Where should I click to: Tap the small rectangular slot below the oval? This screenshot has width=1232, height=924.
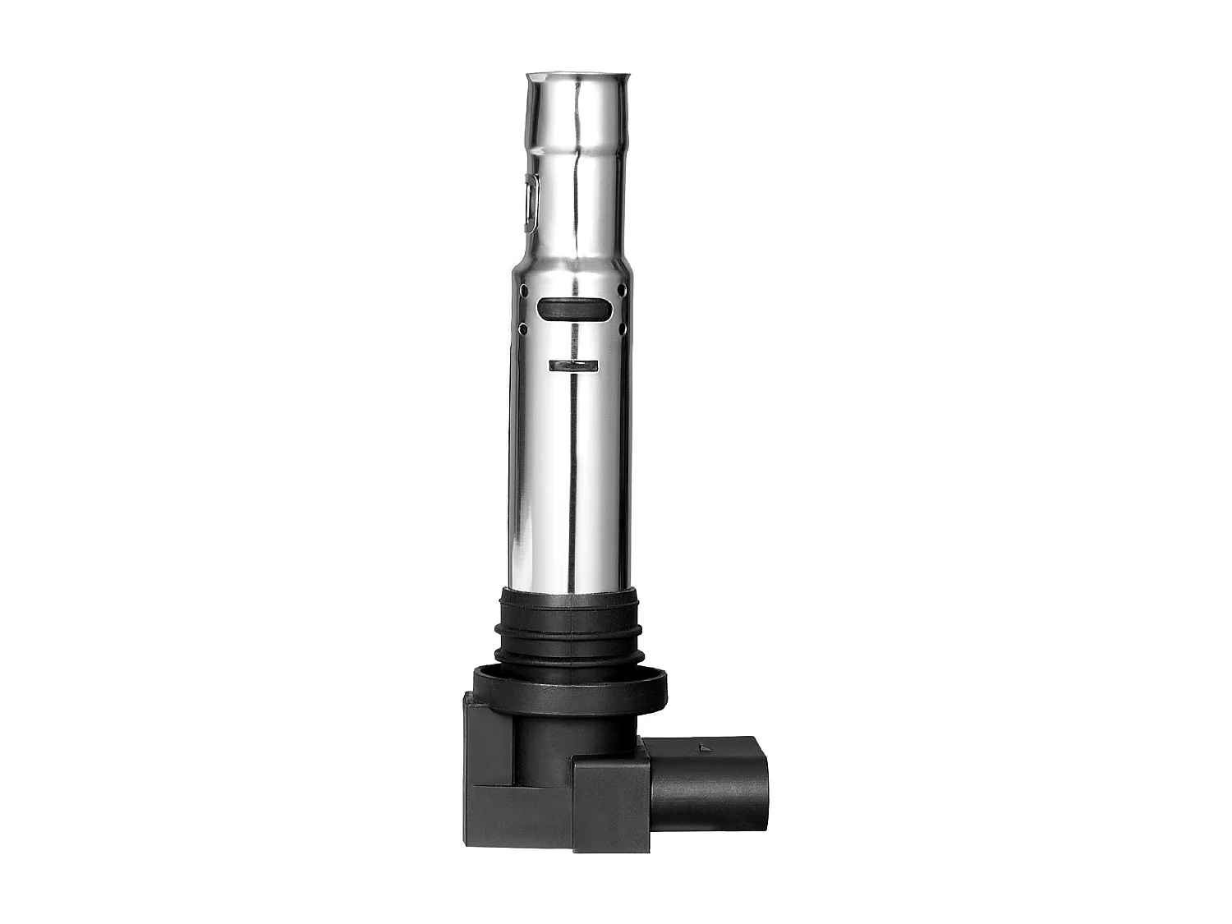click(x=573, y=365)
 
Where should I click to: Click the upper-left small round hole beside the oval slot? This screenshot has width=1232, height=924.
click(x=523, y=288)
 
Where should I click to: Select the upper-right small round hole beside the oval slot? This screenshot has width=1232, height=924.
click(x=622, y=290)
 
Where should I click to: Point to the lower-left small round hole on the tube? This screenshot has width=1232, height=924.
click(x=523, y=329)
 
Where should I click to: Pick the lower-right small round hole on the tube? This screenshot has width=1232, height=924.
click(x=622, y=329)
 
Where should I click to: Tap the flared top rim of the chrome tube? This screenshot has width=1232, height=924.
click(x=579, y=77)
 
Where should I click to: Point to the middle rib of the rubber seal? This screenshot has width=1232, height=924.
click(x=568, y=630)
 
